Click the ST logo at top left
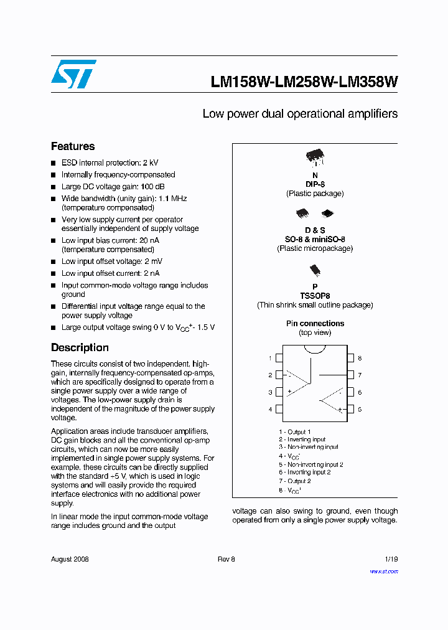click(73, 74)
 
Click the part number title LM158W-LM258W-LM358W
click(304, 82)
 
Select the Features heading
click(73, 146)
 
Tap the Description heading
click(80, 347)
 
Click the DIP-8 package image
click(315, 159)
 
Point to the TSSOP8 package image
click(315, 270)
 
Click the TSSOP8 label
click(315, 296)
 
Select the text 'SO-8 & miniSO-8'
click(315, 240)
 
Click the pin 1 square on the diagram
click(279, 358)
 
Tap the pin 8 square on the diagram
click(350, 358)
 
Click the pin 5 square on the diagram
click(350, 409)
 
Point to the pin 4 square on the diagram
click(279, 409)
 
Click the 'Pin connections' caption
click(315, 324)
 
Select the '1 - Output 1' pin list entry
click(294, 431)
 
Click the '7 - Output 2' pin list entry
click(294, 481)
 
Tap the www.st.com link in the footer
click(383, 571)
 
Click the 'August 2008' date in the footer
click(70, 559)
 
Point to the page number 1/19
click(391, 559)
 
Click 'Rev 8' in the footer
click(226, 559)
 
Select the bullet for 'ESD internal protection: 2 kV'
click(54, 163)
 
